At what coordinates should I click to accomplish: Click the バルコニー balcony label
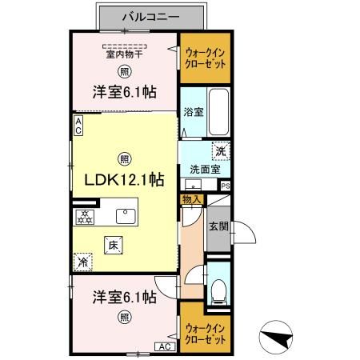(151, 15)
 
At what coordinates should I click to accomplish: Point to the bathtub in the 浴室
(218, 113)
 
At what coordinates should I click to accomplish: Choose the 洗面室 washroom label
(202, 169)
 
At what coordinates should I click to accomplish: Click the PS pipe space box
(225, 186)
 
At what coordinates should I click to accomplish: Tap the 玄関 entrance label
(218, 226)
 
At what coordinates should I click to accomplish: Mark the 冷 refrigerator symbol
(82, 261)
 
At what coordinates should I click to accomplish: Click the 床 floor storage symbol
(114, 246)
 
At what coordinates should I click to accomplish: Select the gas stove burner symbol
(84, 216)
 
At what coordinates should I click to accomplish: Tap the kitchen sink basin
(126, 215)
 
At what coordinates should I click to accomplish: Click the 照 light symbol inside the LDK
(124, 158)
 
